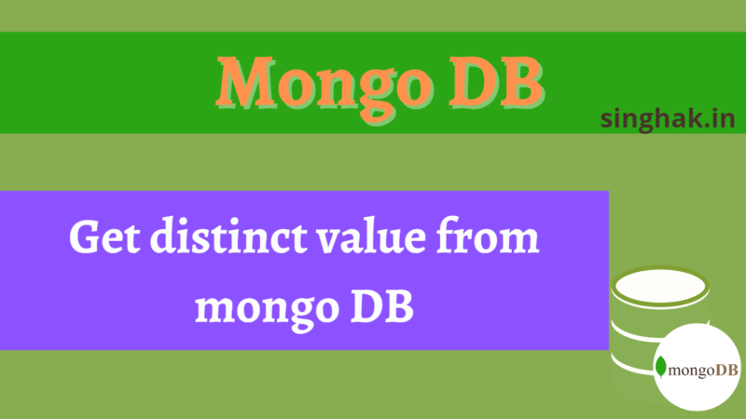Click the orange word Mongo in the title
[x=325, y=86]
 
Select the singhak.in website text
[x=668, y=119]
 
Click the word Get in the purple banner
[x=104, y=237]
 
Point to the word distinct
[x=228, y=236]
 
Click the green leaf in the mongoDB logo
[x=661, y=366]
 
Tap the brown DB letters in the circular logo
[x=726, y=370]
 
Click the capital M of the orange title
[x=246, y=81]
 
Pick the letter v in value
[x=329, y=241]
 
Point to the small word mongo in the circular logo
[x=692, y=371]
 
